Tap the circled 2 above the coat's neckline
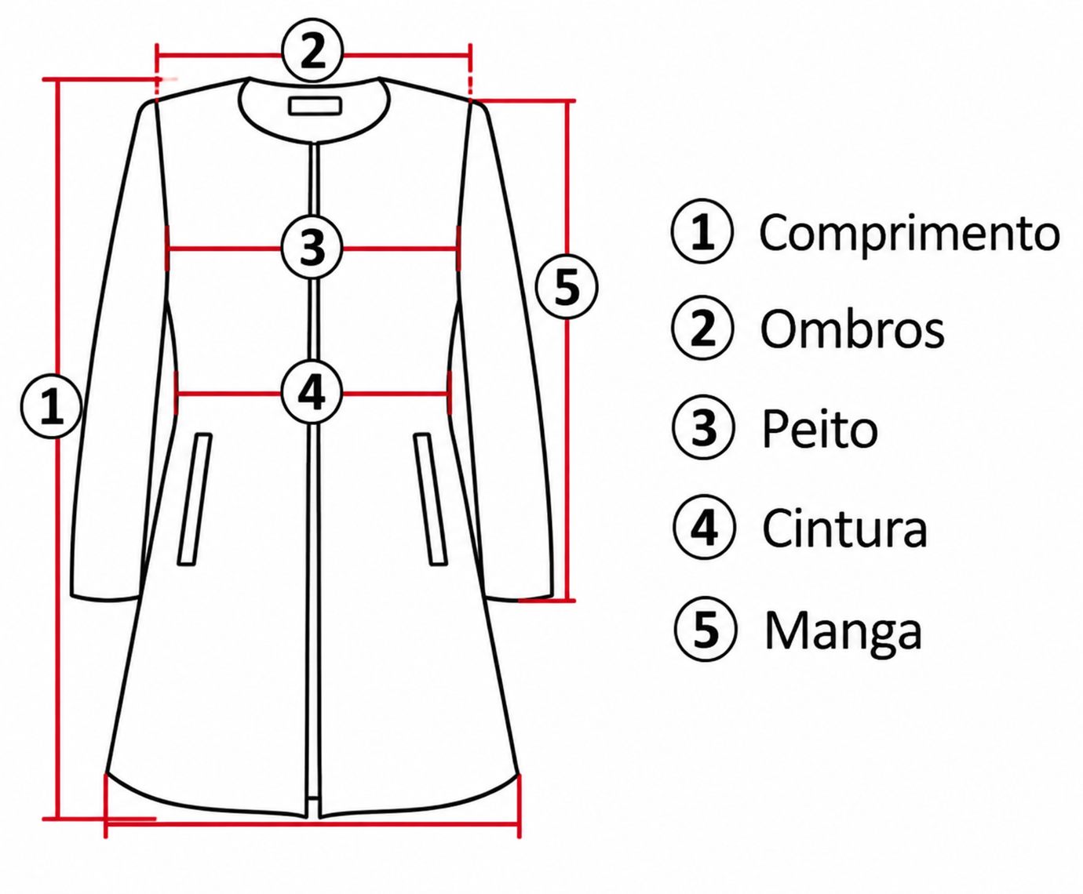point(313,52)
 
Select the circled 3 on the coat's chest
point(312,248)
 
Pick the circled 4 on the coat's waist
point(312,393)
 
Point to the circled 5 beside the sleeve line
point(567,287)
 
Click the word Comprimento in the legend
point(910,233)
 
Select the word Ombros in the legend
point(852,329)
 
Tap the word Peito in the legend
point(819,429)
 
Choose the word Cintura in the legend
point(844,529)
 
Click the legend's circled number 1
point(702,231)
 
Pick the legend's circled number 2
point(703,328)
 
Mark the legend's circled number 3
point(704,428)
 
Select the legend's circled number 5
point(706,630)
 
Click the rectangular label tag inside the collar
point(315,106)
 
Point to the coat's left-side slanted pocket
point(195,499)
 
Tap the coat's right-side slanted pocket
point(431,499)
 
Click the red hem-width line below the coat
point(313,822)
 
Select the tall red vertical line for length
point(57,449)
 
